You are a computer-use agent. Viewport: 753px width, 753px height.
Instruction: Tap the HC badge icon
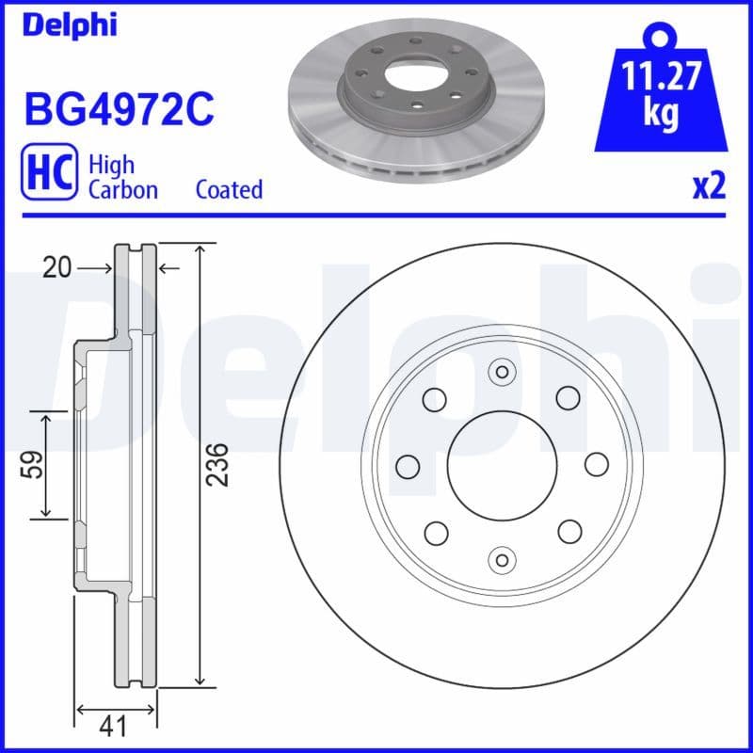click(x=48, y=177)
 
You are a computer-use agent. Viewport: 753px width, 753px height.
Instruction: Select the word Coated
click(x=229, y=189)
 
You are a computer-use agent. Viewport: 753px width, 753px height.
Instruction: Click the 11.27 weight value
click(x=663, y=74)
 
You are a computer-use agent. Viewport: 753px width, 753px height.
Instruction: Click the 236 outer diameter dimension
click(x=217, y=464)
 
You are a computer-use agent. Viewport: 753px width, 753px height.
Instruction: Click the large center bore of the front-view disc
click(x=502, y=465)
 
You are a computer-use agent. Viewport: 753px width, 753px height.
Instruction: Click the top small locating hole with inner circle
click(x=502, y=372)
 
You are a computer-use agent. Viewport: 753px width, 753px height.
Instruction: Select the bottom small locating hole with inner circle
click(x=502, y=558)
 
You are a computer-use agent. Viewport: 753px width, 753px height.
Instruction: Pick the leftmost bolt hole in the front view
click(x=408, y=465)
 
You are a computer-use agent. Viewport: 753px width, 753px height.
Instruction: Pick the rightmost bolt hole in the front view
click(x=597, y=465)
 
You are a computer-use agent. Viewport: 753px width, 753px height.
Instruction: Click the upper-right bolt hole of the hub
click(x=568, y=398)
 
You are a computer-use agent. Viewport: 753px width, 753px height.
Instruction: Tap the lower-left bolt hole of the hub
click(x=436, y=532)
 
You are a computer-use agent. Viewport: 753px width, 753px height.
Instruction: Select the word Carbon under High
click(x=122, y=189)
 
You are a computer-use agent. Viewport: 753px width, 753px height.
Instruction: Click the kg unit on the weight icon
click(x=663, y=113)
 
